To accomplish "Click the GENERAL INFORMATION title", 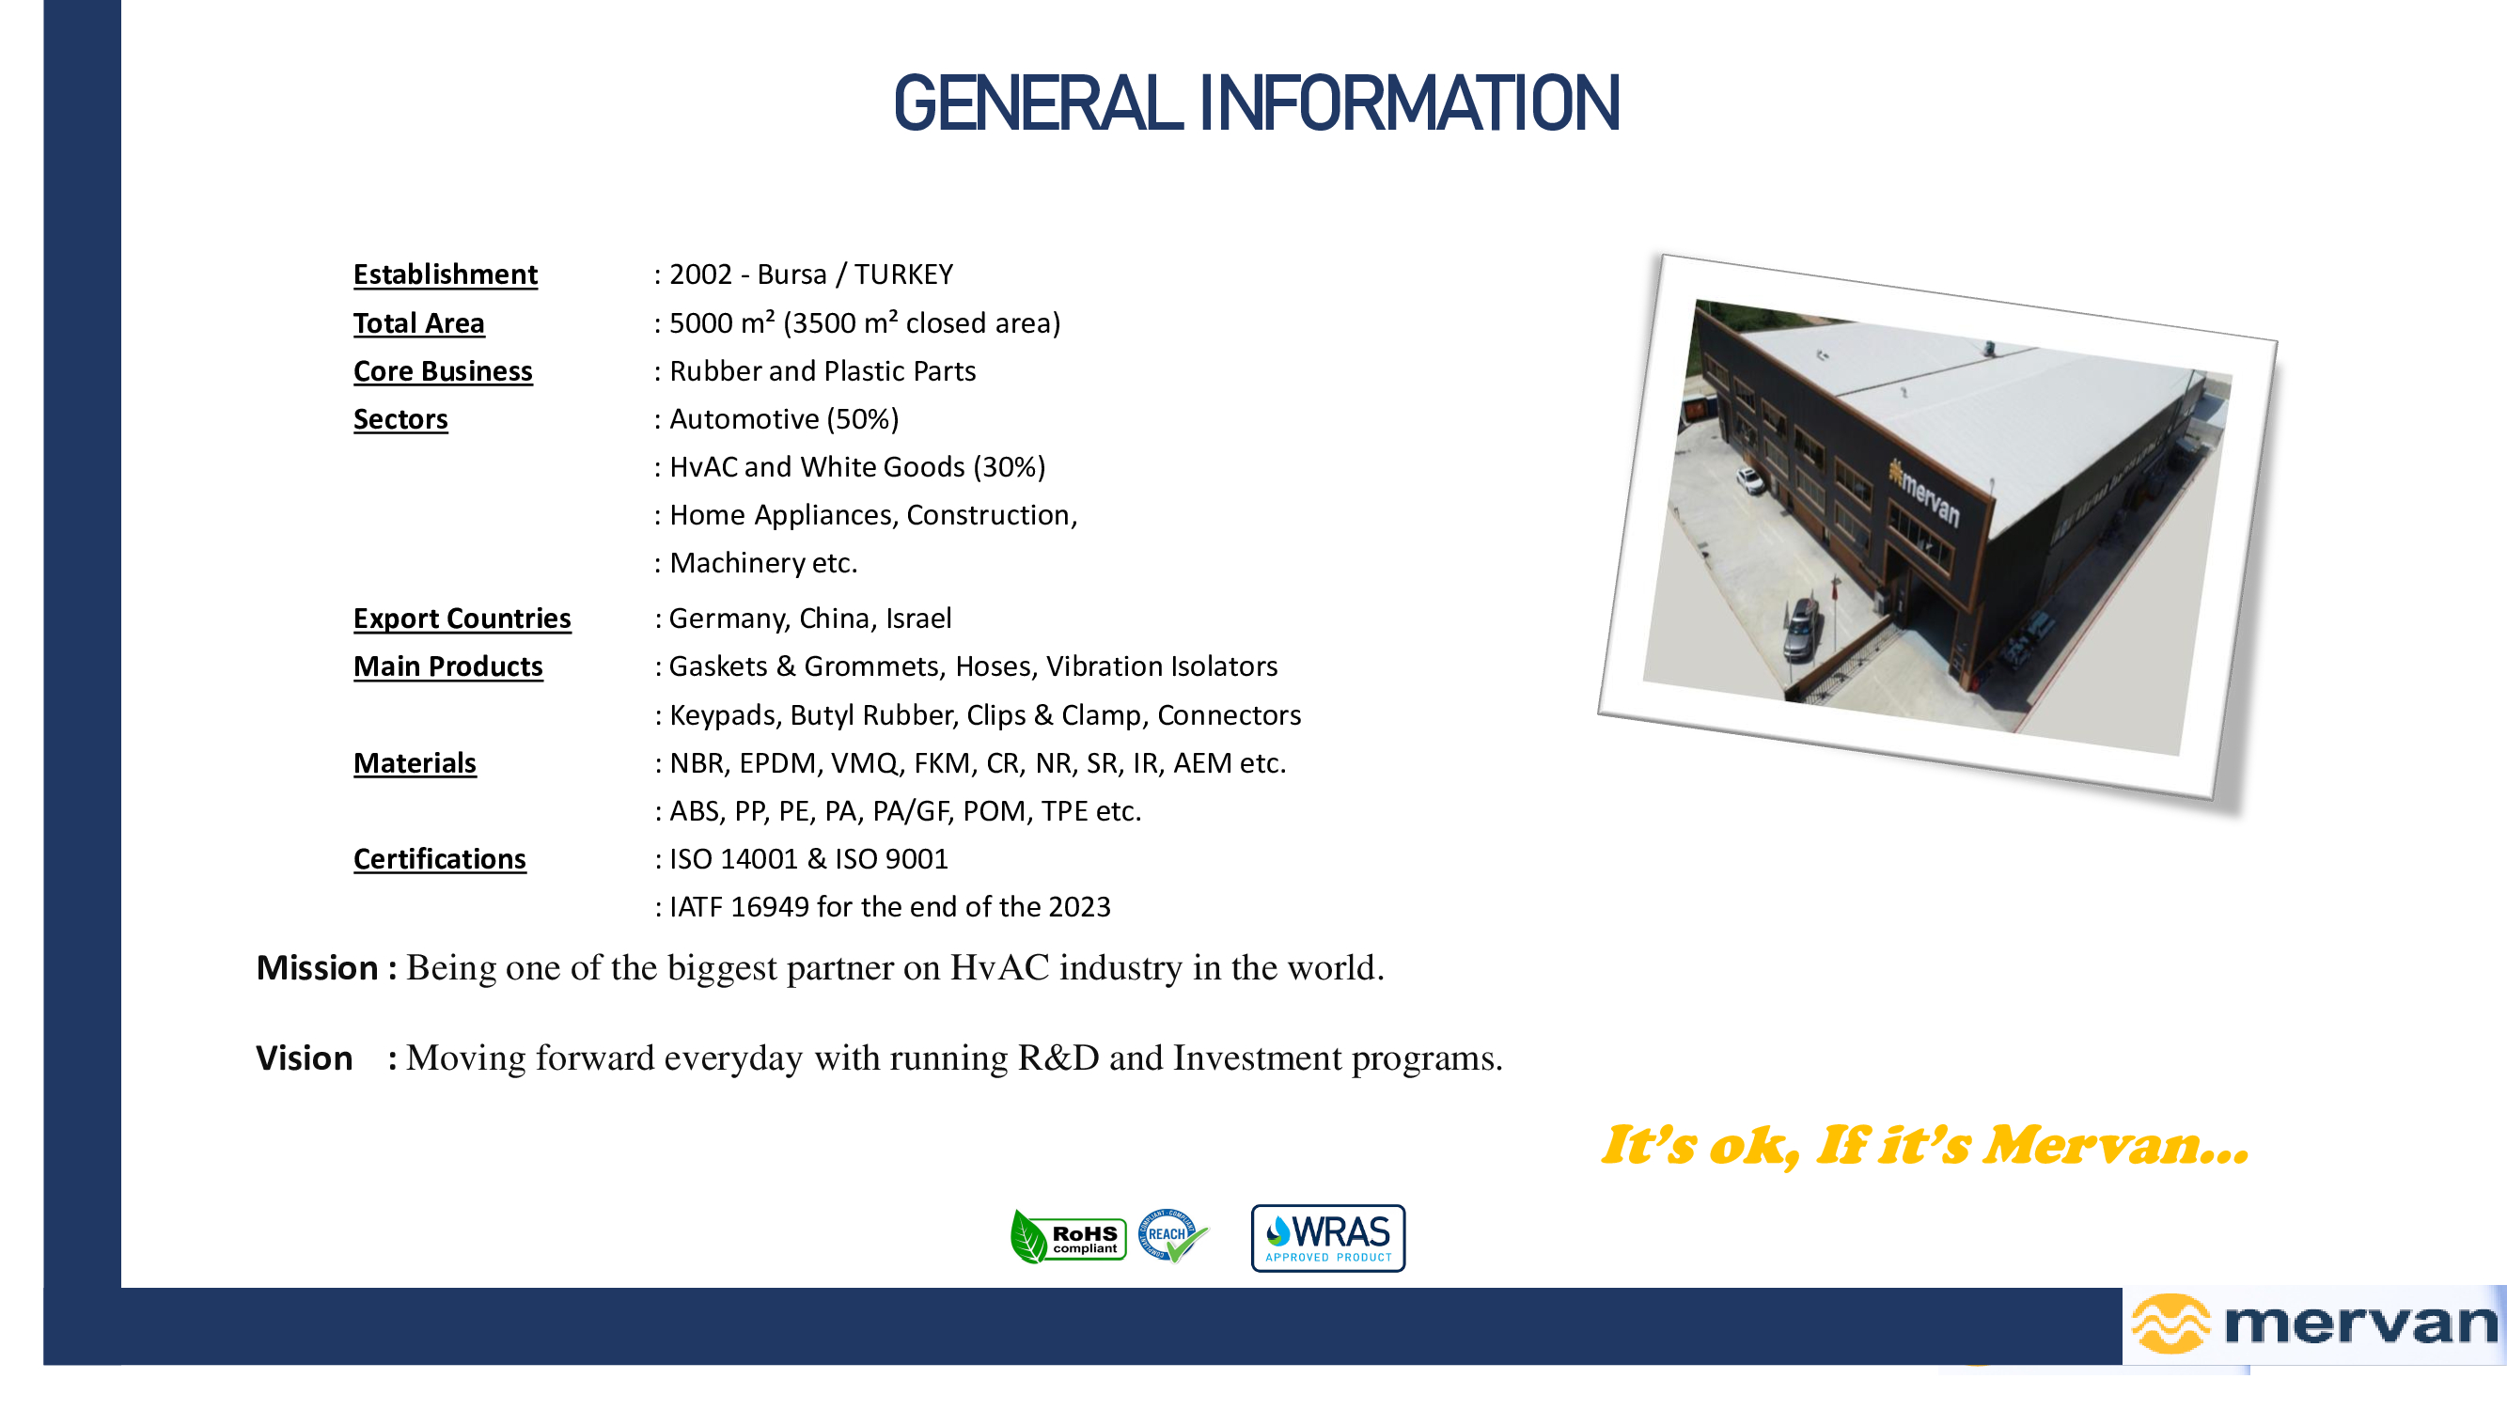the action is [x=1257, y=103].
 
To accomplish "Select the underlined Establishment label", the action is [x=445, y=274].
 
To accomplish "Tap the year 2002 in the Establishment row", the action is [x=699, y=274].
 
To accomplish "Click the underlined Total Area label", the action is [x=418, y=323].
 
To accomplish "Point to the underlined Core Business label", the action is [x=443, y=370].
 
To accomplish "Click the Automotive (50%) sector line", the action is [x=783, y=419].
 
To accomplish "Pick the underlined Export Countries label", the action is [x=462, y=618].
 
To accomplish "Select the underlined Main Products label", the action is [x=447, y=666].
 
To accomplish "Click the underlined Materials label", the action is [x=415, y=763].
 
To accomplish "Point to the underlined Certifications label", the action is [x=439, y=859].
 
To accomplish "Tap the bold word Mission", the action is [x=316, y=968].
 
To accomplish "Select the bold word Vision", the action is [x=304, y=1058].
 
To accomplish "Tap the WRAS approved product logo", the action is [x=1327, y=1239].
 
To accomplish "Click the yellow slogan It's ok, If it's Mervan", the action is [x=1925, y=1145].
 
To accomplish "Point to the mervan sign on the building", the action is [x=1924, y=493].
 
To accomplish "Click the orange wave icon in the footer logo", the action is [x=2170, y=1324].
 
